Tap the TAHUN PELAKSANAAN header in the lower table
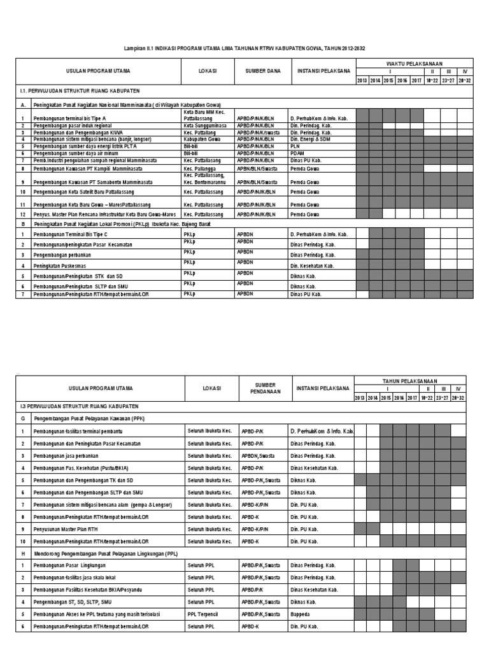pyautogui.click(x=414, y=380)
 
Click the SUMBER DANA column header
pyautogui.click(x=263, y=72)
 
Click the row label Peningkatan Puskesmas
pyautogui.click(x=61, y=265)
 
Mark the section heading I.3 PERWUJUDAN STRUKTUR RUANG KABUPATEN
pyautogui.click(x=80, y=406)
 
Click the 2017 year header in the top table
pyautogui.click(x=416, y=81)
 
